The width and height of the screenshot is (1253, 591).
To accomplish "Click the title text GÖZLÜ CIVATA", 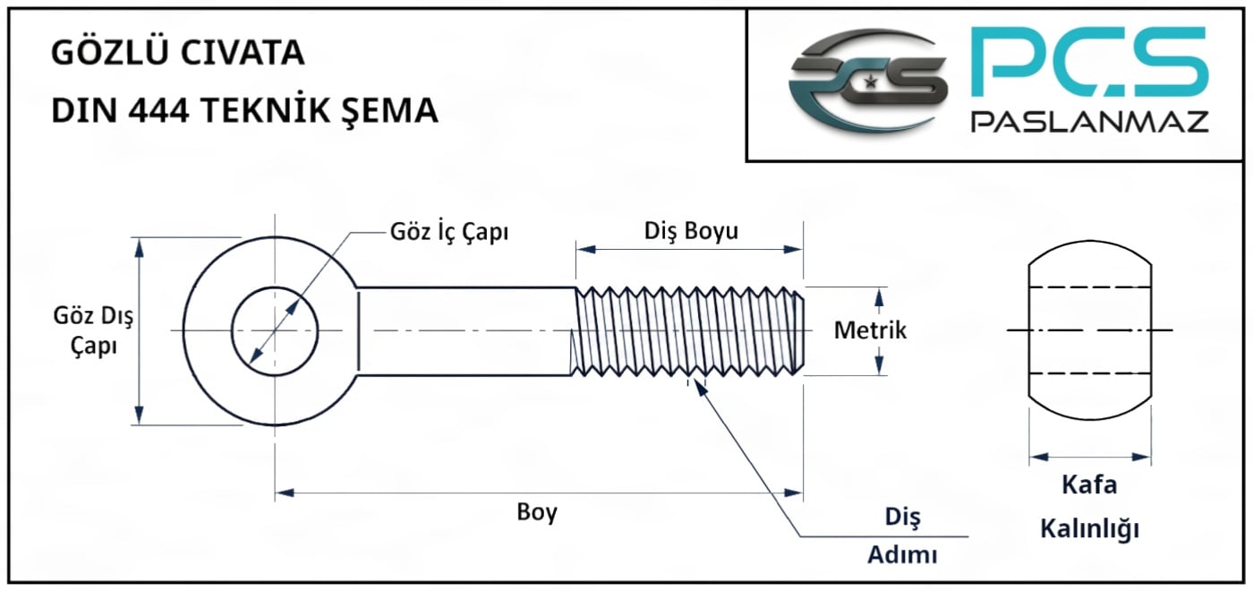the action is [x=178, y=52].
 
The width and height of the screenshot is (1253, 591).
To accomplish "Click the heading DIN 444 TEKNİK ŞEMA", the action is [x=244, y=109].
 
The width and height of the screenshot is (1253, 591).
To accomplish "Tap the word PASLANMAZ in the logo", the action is [x=1090, y=122].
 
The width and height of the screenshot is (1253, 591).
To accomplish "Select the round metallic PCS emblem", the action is [x=867, y=81].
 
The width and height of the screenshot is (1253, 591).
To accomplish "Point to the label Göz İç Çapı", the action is [x=449, y=232].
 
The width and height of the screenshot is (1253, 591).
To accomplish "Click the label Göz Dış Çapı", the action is [x=93, y=330].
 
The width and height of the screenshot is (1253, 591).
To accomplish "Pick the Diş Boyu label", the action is [x=691, y=231].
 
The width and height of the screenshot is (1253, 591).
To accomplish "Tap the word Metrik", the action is [x=870, y=330].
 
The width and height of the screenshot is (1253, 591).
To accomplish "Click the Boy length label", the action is [x=537, y=512].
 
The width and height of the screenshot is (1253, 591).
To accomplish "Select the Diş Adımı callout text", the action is [x=902, y=535].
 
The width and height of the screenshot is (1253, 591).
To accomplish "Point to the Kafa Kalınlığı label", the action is [x=1090, y=507].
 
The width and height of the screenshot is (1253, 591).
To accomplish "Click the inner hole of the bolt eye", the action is [x=275, y=330].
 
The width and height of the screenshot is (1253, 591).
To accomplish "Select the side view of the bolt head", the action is [x=1090, y=330].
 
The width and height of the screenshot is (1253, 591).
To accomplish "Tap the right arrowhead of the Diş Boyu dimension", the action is [x=793, y=249].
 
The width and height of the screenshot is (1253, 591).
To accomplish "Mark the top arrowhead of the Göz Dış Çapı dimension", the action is [x=140, y=247].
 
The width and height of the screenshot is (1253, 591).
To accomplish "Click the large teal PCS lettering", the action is [x=1088, y=61].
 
